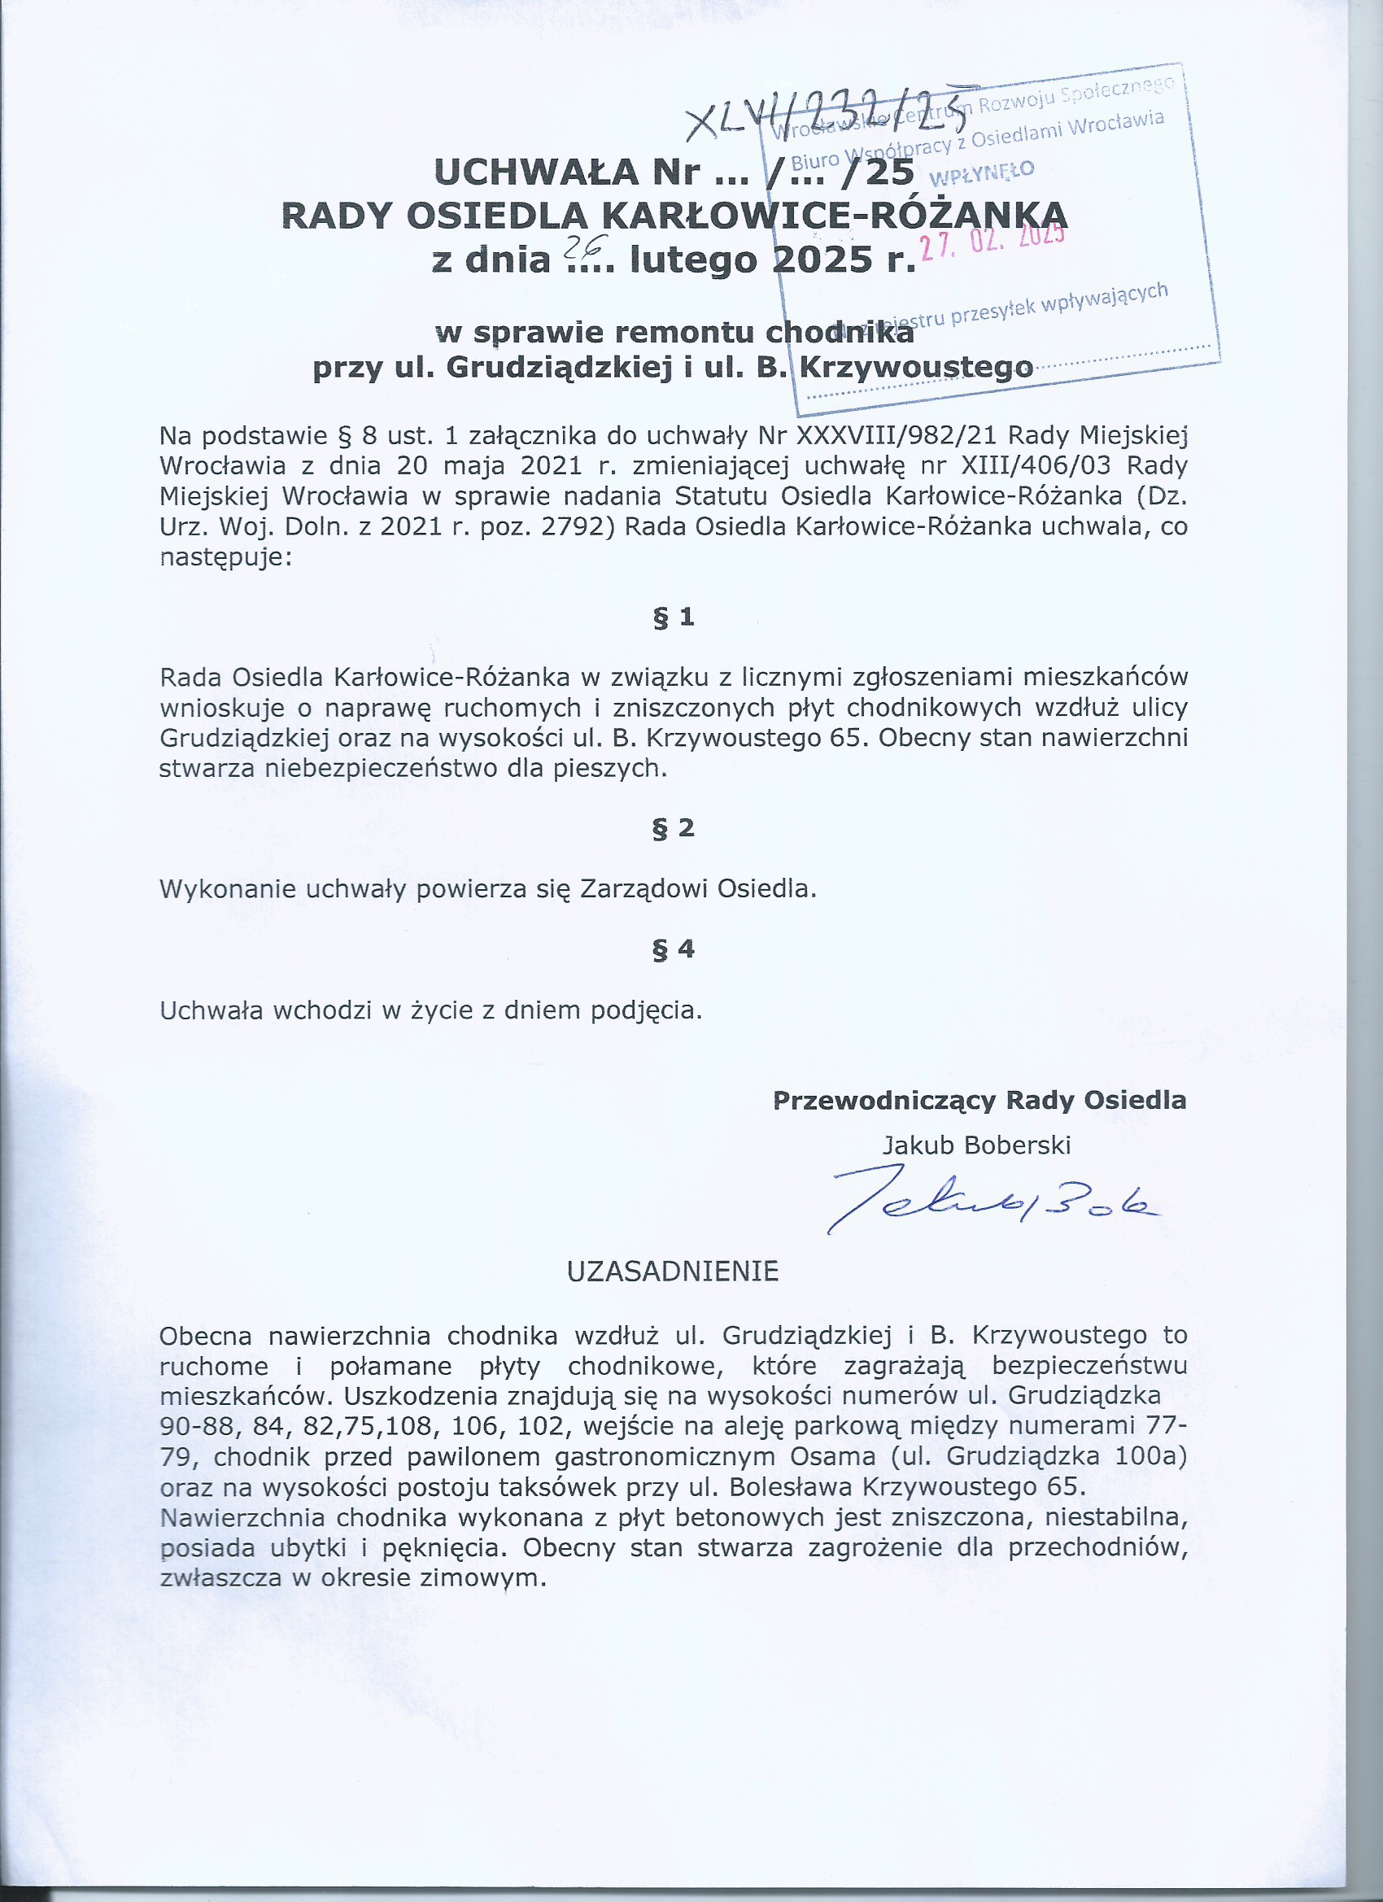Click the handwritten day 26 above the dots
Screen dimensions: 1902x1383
tap(577, 244)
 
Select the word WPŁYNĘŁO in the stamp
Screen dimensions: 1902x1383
tap(981, 172)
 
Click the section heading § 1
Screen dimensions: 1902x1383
tap(674, 617)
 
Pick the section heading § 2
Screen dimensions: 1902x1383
tap(674, 827)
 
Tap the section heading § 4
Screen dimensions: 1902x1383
tap(674, 949)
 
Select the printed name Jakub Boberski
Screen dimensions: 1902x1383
tap(976, 1145)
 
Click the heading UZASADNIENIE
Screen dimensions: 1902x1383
tap(673, 1272)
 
